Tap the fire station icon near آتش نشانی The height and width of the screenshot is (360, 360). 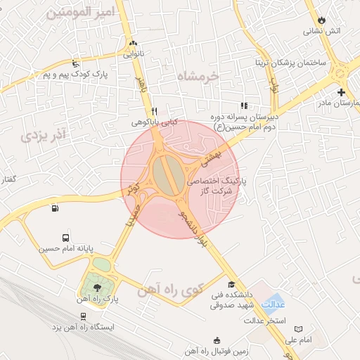tap(323, 19)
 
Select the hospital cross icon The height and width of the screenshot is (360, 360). tap(341, 92)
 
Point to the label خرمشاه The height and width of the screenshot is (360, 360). tap(199, 75)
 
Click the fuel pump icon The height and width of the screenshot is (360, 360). tap(55, 207)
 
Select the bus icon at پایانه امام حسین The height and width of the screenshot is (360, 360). tap(65, 238)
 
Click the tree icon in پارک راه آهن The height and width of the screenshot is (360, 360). tap(97, 287)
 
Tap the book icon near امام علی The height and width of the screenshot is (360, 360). tap(299, 329)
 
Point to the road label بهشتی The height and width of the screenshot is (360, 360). tap(211, 154)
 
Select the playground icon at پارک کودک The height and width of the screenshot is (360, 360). tap(75, 63)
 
